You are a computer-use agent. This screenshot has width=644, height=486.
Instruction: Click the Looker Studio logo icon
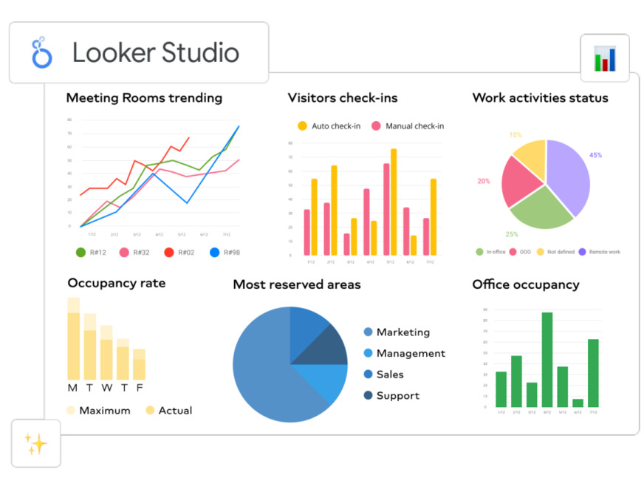[x=42, y=52]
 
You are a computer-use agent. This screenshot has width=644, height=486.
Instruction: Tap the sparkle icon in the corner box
[x=35, y=443]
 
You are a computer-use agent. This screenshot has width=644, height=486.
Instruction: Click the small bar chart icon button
[x=604, y=58]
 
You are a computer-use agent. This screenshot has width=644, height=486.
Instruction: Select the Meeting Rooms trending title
[x=144, y=97]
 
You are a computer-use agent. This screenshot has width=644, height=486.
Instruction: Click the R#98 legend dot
[x=215, y=252]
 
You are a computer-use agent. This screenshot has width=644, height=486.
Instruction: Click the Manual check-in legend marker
[x=376, y=126]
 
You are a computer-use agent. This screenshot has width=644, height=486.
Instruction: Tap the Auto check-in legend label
[x=335, y=126]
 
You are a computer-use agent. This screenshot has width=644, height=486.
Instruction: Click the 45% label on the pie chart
[x=595, y=155]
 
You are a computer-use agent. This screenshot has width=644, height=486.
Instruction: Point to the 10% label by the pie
[x=515, y=135]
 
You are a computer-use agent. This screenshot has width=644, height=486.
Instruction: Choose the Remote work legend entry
[x=599, y=252]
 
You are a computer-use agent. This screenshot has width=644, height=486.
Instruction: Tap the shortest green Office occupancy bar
[x=578, y=403]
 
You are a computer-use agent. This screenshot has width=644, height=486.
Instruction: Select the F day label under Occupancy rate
[x=139, y=388]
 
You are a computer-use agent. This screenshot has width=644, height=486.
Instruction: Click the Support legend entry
[x=391, y=396]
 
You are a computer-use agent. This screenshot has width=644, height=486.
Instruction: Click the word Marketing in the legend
[x=402, y=332]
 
